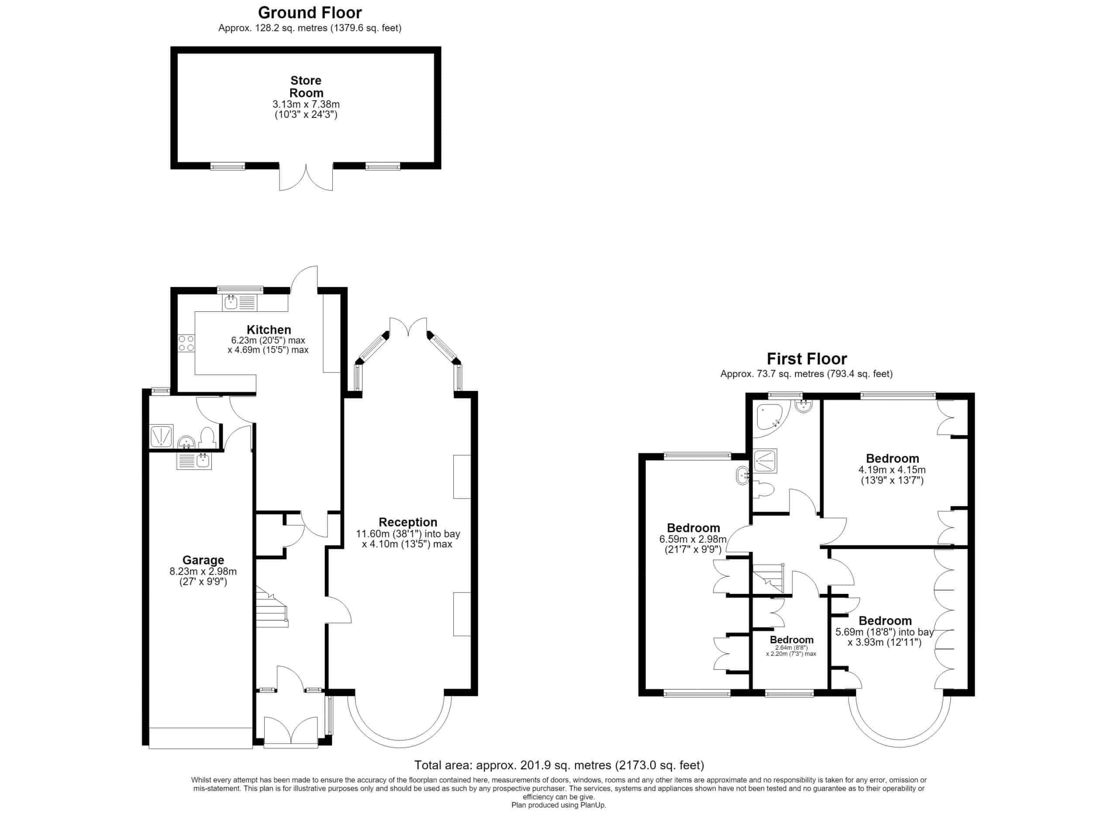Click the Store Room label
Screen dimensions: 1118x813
306,87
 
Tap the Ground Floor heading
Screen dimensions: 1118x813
310,12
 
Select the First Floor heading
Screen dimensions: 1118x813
807,359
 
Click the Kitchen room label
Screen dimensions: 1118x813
269,330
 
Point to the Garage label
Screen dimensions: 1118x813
203,560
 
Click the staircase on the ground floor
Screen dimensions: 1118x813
271,606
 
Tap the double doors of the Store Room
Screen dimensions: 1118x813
306,177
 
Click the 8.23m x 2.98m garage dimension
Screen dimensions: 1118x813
203,572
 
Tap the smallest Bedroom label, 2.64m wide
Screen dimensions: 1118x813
792,640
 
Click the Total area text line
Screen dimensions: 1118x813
559,765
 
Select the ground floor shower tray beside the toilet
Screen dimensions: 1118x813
161,436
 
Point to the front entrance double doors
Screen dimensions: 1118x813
291,731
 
